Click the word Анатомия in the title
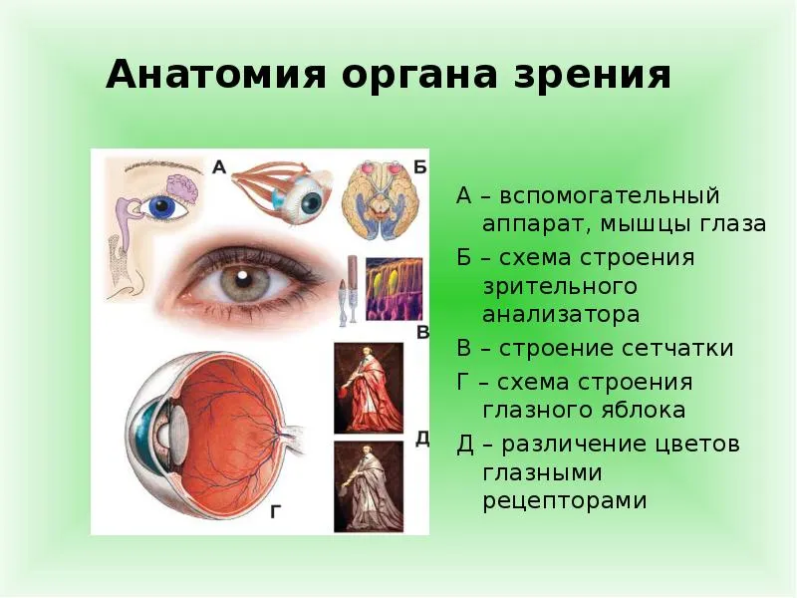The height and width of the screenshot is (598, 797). (x=215, y=74)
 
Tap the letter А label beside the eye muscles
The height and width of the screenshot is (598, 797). (x=219, y=166)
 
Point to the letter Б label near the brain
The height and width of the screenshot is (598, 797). (x=419, y=166)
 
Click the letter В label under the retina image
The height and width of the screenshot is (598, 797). (x=422, y=332)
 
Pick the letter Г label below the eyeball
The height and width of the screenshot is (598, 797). (x=276, y=511)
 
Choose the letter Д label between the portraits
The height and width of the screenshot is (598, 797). (x=422, y=439)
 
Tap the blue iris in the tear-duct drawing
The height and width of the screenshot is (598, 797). (x=162, y=206)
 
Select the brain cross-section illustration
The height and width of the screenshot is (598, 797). (x=381, y=199)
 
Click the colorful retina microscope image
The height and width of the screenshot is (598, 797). (x=394, y=289)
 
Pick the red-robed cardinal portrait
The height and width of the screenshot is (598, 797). (x=369, y=388)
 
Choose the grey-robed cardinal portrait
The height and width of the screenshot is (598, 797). (x=369, y=486)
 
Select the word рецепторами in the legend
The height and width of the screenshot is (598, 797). (x=564, y=501)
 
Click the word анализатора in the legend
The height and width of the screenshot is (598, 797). (x=561, y=314)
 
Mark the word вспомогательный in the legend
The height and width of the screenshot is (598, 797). (x=609, y=195)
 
